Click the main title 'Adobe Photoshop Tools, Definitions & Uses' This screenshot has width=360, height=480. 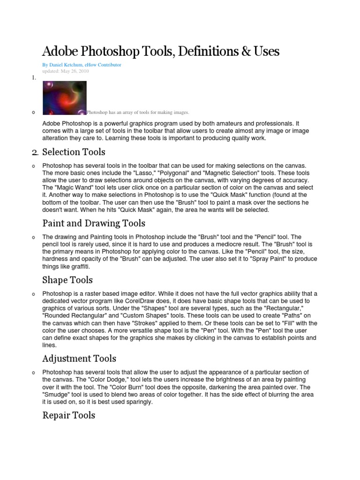(161, 51)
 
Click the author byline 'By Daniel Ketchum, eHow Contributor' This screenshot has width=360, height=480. (82, 65)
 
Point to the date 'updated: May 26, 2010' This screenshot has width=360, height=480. (65, 71)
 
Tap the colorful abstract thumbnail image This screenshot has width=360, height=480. (64, 97)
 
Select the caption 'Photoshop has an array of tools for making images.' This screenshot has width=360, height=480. (138, 112)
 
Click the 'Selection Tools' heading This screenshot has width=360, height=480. (74, 152)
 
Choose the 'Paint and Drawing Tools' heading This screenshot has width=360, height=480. (94, 223)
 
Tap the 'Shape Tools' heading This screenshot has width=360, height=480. (67, 280)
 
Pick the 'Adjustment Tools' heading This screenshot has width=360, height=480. (79, 359)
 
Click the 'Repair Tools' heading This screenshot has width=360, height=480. (68, 415)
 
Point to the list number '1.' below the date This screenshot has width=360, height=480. (34, 78)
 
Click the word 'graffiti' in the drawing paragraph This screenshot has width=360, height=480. (79, 266)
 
